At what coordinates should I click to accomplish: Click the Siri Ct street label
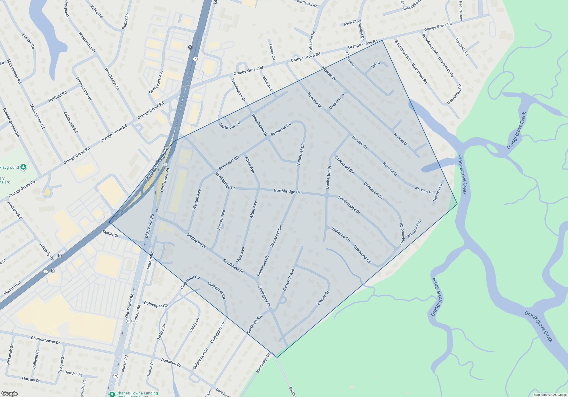click(x=375, y=65)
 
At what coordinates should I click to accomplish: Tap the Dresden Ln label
click(x=337, y=101)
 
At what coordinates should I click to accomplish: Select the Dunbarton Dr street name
click(x=328, y=178)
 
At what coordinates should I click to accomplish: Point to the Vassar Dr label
click(x=323, y=298)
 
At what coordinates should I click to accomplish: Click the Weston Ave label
click(x=197, y=199)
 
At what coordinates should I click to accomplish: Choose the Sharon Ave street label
click(x=221, y=220)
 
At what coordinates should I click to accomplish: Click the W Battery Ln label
click(x=414, y=229)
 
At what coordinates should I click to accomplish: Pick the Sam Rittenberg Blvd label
click(x=157, y=164)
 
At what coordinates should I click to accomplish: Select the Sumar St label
click(x=110, y=233)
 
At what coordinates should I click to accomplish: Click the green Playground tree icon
click(x=24, y=167)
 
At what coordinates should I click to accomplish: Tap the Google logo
click(x=9, y=394)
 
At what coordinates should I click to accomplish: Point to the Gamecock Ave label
click(x=156, y=82)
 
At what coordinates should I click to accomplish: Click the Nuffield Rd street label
click(x=57, y=96)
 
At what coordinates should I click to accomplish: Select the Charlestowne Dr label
click(x=45, y=340)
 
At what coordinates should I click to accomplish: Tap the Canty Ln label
click(x=194, y=325)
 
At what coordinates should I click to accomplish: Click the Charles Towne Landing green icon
click(x=112, y=394)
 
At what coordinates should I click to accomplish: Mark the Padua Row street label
click(x=461, y=11)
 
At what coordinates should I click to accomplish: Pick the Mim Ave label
click(x=267, y=84)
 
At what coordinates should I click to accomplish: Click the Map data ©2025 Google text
click(x=550, y=395)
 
